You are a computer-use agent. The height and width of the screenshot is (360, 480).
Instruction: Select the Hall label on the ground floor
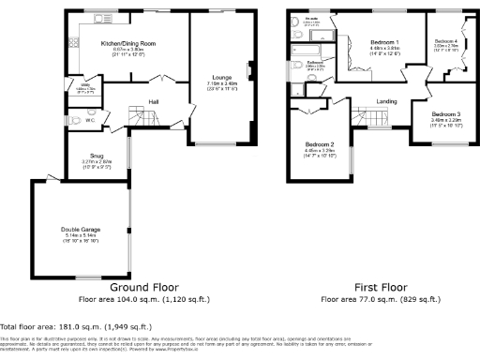pyautogui.click(x=153, y=100)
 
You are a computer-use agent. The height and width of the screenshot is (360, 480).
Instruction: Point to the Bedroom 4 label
pyautogui.click(x=446, y=42)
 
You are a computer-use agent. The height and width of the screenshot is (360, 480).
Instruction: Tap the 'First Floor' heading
pyautogui.click(x=382, y=287)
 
